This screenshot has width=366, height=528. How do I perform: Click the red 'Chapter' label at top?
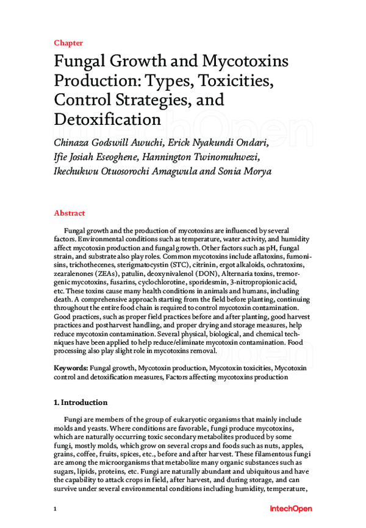click(x=68, y=43)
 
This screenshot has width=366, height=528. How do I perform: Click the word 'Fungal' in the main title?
click(x=79, y=62)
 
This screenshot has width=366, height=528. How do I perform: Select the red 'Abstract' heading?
click(x=70, y=213)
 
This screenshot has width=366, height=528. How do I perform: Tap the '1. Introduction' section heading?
click(x=81, y=403)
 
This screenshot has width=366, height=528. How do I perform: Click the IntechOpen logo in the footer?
click(x=290, y=508)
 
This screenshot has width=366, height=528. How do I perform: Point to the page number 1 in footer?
click(x=56, y=509)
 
